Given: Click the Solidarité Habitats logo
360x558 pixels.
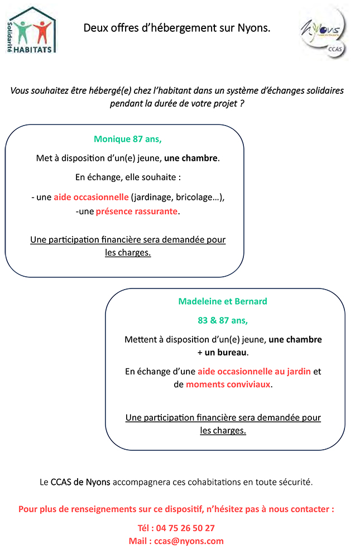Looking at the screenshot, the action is pos(31,31).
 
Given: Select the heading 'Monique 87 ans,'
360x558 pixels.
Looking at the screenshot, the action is pos(128,139).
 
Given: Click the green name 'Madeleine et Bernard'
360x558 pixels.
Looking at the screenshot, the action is pos(223,301).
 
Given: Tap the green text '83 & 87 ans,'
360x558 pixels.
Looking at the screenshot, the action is pos(223,321).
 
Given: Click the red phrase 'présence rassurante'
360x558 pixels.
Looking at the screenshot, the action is pos(137,211).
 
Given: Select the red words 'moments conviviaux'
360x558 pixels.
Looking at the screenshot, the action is pos(228,384).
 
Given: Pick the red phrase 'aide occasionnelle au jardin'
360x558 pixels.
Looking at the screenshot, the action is pos(255,372).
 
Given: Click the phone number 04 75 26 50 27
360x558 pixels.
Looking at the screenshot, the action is pos(185,528).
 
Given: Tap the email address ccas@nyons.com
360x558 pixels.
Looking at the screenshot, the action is pos(189,541).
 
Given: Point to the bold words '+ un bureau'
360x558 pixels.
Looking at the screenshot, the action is pos(222,352).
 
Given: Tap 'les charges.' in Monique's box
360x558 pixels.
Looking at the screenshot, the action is pos(128,253).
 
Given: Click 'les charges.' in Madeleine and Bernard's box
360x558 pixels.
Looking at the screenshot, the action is pos(223,431).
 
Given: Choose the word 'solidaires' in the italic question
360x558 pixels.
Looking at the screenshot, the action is pos(325,91).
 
